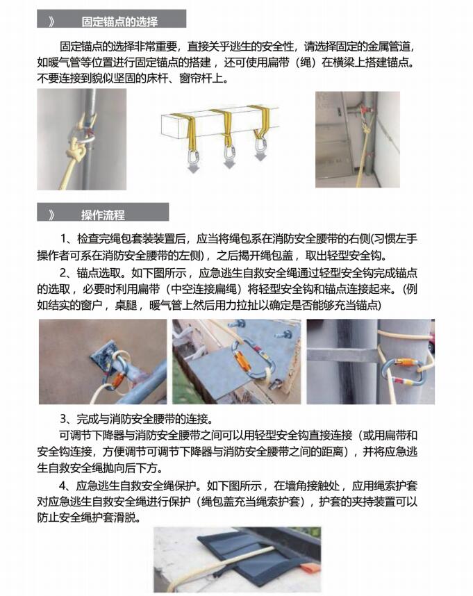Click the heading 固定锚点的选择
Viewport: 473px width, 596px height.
pos(119,22)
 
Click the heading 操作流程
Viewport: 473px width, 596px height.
pos(103,215)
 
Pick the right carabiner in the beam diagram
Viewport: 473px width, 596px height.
pos(261,144)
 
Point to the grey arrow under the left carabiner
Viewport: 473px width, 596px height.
pos(194,168)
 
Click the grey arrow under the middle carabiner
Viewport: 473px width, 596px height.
pos(229,164)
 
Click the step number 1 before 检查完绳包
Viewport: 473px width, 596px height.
pos(64,239)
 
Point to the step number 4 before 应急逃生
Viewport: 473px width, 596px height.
pos(63,486)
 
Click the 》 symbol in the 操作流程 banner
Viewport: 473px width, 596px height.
pos(52,215)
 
